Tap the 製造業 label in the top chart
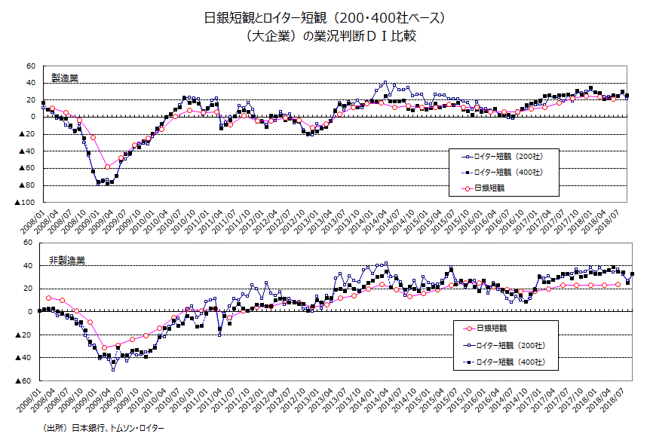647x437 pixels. [x=64, y=78]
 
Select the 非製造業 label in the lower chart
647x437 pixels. [x=67, y=261]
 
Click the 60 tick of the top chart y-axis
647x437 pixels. [x=31, y=66]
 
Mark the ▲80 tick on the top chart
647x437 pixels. [x=28, y=185]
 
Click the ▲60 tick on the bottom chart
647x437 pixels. [x=28, y=380]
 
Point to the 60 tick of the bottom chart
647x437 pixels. [x=31, y=243]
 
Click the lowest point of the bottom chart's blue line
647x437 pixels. [x=113, y=369]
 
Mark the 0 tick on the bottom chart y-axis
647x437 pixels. [x=33, y=311]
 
